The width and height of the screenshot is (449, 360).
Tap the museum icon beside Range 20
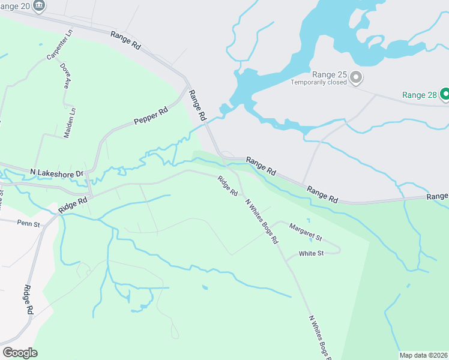coord(39,5)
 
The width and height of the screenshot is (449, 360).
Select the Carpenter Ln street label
coord(59,45)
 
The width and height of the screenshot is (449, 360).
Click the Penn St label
coord(28,224)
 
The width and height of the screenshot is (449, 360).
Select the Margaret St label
coord(306,229)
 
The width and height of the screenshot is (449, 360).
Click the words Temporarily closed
coord(319,83)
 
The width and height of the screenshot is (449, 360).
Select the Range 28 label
coord(419,95)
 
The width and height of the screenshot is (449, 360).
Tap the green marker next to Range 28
coord(445,94)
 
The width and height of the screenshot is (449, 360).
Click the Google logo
coord(20,352)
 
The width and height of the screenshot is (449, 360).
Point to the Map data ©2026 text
coord(423,355)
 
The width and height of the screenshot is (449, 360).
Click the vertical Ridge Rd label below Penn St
coord(28,299)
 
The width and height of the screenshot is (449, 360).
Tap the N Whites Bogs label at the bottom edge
coord(319,338)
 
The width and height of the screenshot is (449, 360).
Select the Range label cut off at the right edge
coord(438,196)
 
